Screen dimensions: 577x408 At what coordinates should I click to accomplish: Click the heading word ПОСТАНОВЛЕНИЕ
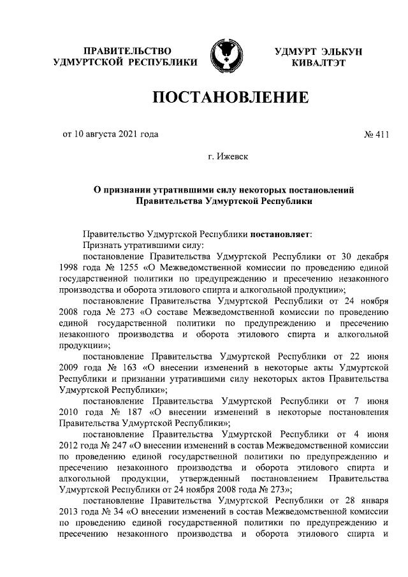(229, 98)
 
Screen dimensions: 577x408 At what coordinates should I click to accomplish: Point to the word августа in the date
(101, 135)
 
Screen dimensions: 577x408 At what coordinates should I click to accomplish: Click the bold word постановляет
(281, 233)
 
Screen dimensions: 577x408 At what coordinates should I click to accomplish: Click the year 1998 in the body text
(70, 268)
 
